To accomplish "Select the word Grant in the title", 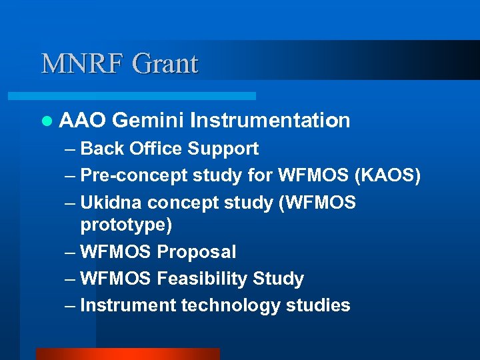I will (x=165, y=64).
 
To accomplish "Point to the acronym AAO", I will (x=83, y=121).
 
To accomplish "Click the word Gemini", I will (x=148, y=121).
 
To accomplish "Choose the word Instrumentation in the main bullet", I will (x=269, y=121).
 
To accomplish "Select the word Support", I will (x=223, y=149).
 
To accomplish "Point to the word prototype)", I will (x=126, y=225).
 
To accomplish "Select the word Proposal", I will (x=197, y=252).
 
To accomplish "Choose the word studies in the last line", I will (x=317, y=305).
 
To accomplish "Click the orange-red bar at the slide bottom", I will (x=127, y=353).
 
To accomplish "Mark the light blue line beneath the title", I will (x=147, y=96).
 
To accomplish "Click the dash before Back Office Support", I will (x=70, y=149).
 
